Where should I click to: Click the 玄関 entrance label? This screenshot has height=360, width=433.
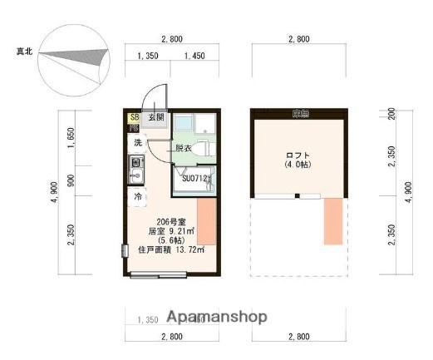(x=155, y=118)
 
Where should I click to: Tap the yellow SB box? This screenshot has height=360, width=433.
(x=135, y=118)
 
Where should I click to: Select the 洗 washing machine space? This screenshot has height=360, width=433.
(x=138, y=143)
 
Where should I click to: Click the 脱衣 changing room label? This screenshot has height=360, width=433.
(x=184, y=148)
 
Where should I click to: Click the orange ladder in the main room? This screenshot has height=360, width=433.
(x=205, y=221)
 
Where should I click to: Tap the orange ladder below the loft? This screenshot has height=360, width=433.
(x=333, y=221)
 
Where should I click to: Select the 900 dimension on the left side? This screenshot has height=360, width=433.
(x=71, y=180)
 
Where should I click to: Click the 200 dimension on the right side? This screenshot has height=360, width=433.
(x=391, y=113)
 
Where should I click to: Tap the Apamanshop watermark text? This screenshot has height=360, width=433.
(x=217, y=317)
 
